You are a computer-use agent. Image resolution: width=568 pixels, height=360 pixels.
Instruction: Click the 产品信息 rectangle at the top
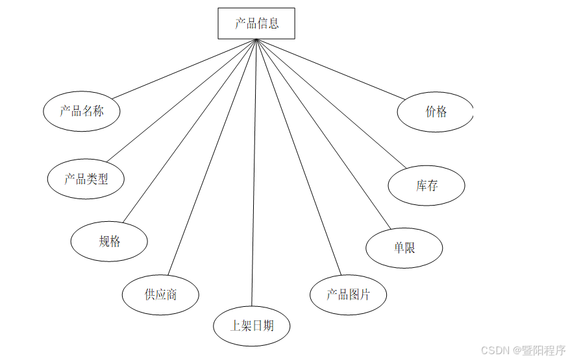(256, 23)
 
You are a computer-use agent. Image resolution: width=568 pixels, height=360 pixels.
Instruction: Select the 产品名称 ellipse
(82, 111)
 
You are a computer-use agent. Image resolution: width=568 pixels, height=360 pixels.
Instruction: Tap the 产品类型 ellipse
(86, 179)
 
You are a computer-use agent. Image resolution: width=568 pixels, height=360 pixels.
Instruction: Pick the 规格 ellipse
(109, 241)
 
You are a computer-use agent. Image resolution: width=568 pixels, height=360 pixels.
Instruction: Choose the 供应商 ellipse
(160, 294)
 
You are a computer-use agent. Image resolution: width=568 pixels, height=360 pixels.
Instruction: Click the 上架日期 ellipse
(251, 326)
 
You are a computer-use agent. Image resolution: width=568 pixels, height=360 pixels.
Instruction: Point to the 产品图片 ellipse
(349, 294)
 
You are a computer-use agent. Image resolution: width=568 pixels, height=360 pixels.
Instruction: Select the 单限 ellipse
(404, 247)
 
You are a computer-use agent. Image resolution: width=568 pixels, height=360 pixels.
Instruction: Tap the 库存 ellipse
(426, 186)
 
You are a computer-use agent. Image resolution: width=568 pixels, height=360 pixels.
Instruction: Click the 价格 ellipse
(436, 112)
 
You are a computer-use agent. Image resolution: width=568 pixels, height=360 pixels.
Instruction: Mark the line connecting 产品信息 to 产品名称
(184, 68)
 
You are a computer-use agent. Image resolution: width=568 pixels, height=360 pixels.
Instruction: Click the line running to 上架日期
(254, 172)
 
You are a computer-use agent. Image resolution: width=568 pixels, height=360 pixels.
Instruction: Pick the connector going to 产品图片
(298, 157)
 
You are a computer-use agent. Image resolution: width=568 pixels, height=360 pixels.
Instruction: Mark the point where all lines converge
(256, 40)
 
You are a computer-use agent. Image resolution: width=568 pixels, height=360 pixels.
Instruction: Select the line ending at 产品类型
(182, 100)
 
